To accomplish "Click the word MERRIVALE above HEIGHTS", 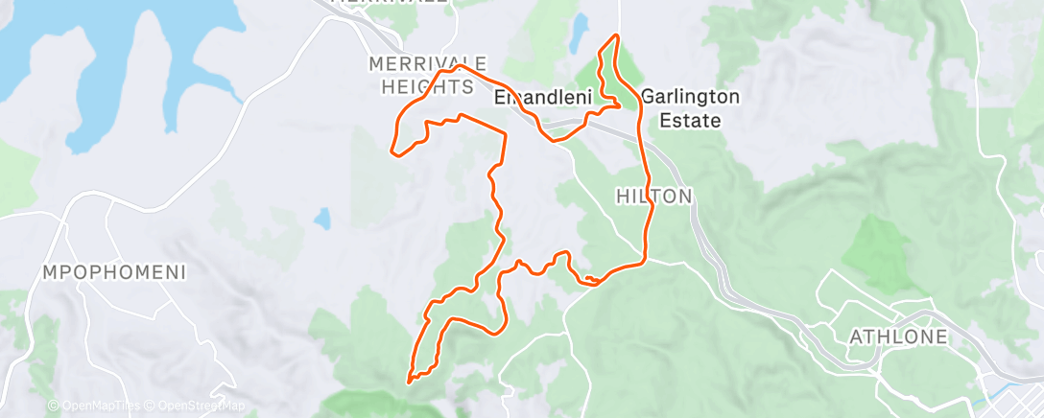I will [420, 64].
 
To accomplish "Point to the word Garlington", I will [690, 97].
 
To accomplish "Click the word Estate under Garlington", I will [690, 121].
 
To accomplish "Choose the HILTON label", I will [653, 196].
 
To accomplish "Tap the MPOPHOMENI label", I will [114, 272].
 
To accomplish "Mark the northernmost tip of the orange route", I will [615, 35].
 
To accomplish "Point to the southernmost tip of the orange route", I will [411, 382].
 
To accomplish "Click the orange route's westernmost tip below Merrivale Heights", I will [392, 151].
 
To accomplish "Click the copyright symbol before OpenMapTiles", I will [53, 406].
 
